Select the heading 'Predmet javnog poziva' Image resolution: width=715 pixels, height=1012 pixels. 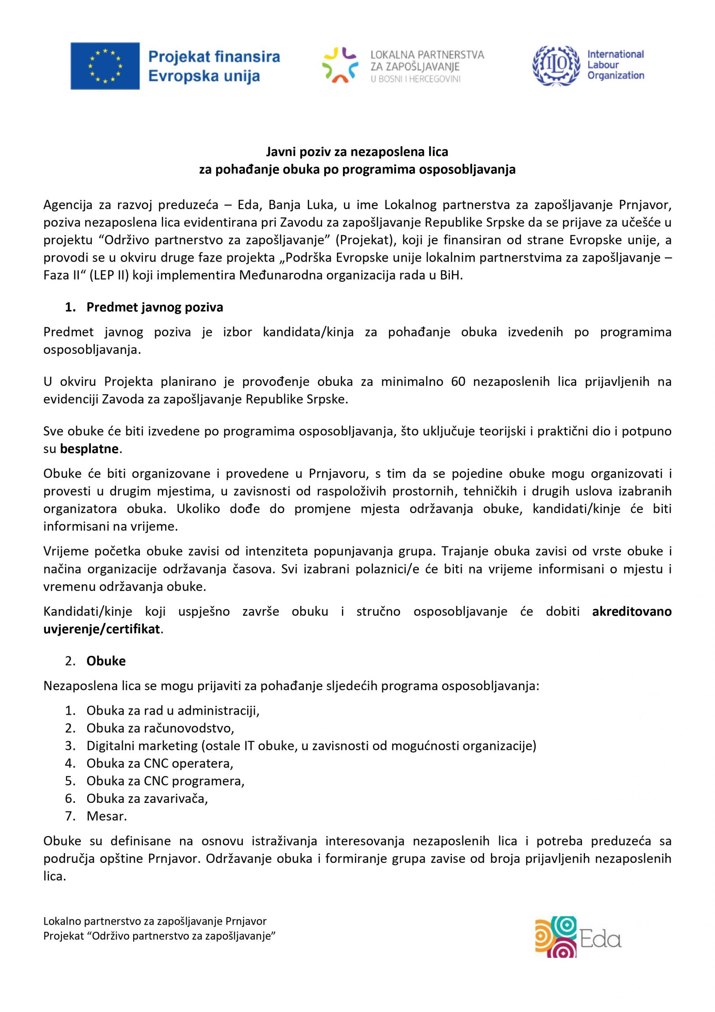[154, 307]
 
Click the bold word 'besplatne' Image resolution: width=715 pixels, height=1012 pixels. [89, 449]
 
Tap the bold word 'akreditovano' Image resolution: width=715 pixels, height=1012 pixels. [631, 611]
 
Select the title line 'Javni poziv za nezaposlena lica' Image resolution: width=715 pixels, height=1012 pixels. [357, 152]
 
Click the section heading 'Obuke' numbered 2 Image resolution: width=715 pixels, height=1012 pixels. [106, 661]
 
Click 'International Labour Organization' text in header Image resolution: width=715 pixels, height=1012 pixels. [615, 65]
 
